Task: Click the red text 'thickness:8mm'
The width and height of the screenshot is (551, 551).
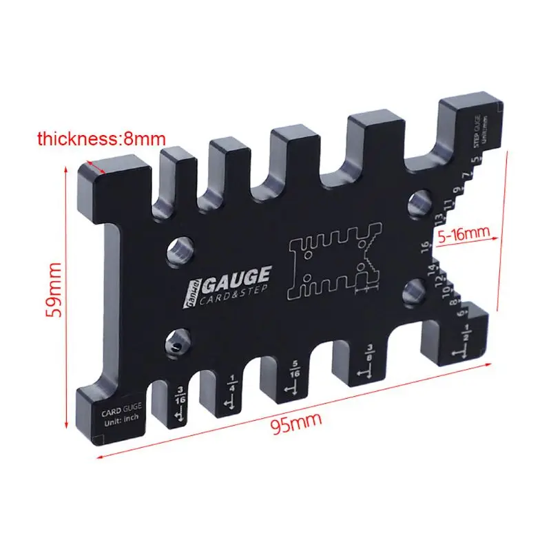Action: [97, 139]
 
